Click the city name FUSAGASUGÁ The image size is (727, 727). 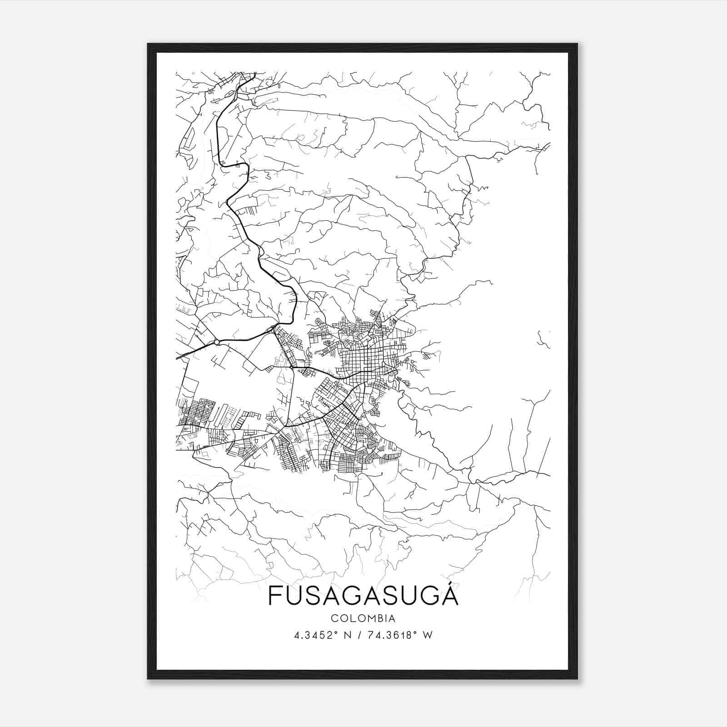point(363,595)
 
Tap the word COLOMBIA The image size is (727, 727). point(363,618)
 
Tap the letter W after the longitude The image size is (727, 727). point(427,635)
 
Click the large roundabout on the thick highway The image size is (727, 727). point(217,342)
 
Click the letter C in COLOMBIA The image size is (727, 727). point(334,618)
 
